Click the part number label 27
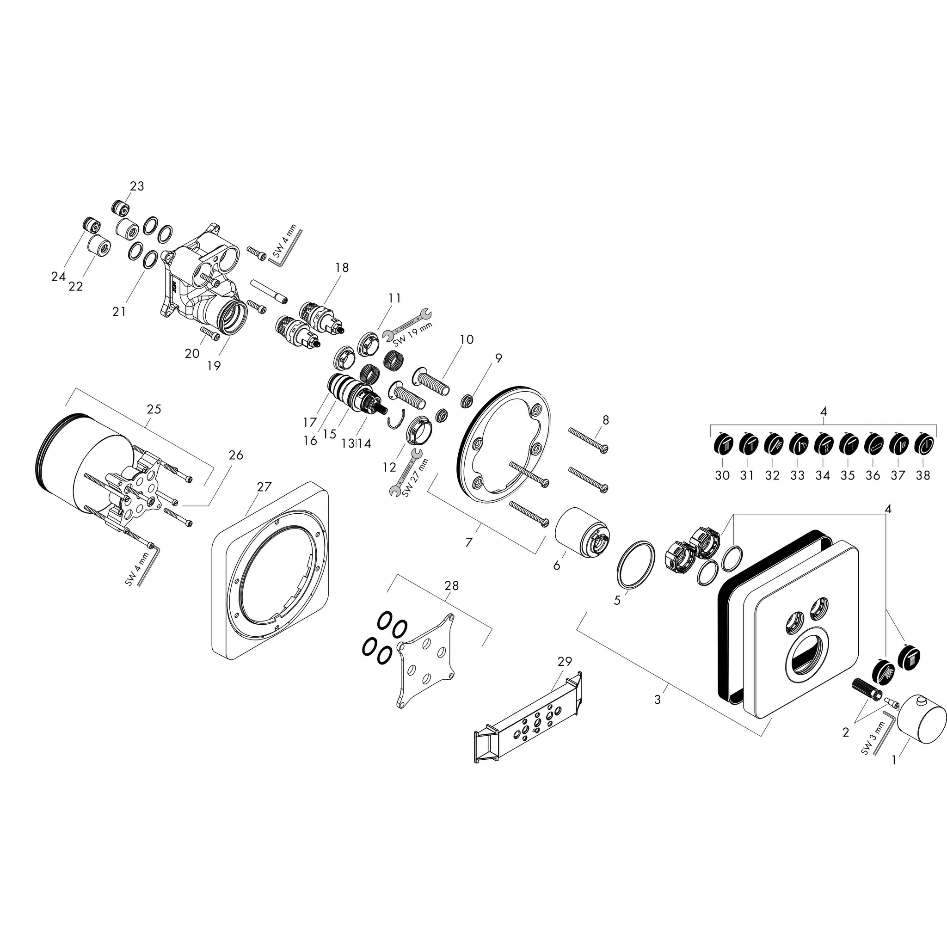tap(264, 487)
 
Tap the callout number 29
tap(565, 661)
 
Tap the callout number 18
tap(342, 268)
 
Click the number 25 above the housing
tap(154, 409)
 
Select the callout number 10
tap(467, 339)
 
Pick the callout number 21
tap(119, 311)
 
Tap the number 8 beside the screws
tap(606, 419)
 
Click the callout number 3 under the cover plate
tap(658, 700)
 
